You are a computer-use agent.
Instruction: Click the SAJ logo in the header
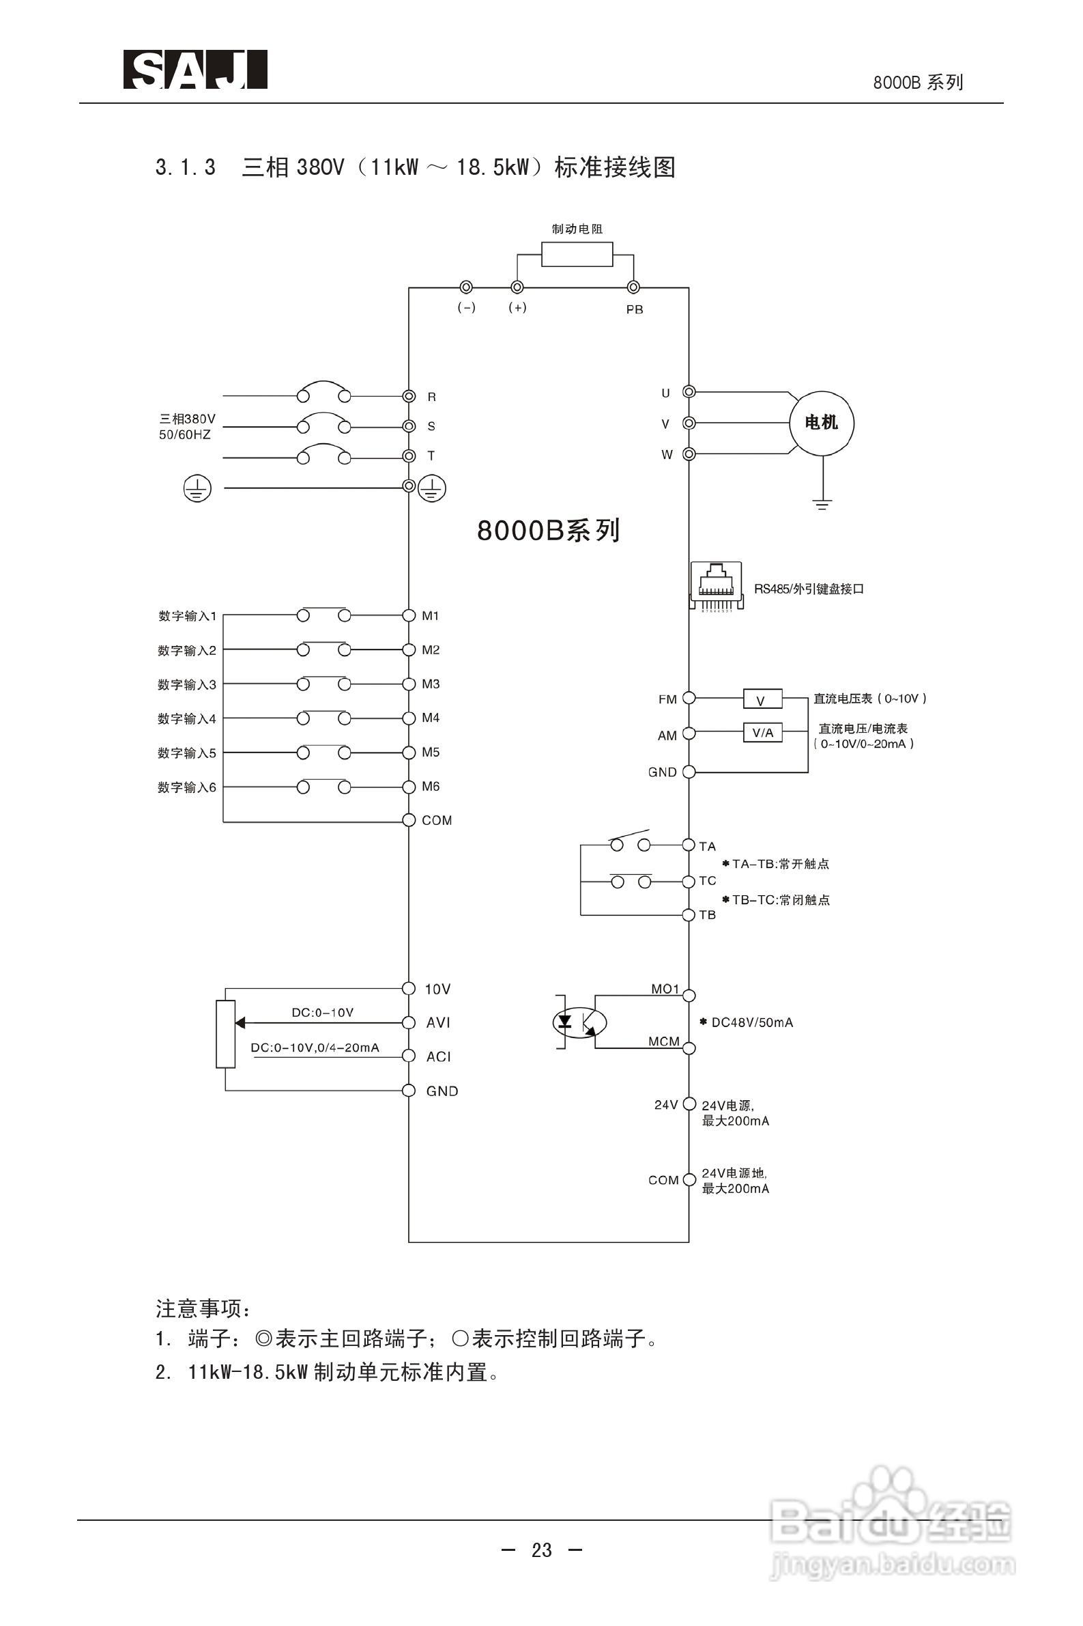pyautogui.click(x=195, y=70)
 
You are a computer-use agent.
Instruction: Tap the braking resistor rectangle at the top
pyautogui.click(x=577, y=254)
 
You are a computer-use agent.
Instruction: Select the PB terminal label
pyautogui.click(x=635, y=310)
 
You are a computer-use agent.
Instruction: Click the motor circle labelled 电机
pyautogui.click(x=821, y=423)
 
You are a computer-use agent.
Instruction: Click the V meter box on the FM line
pyautogui.click(x=762, y=699)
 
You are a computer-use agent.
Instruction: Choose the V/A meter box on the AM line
pyautogui.click(x=762, y=733)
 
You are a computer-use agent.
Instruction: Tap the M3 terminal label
pyautogui.click(x=431, y=684)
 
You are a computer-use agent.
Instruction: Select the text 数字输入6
pyautogui.click(x=187, y=788)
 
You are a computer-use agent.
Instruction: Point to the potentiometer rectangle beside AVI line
pyautogui.click(x=226, y=1033)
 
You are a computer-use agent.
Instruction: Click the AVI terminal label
pyautogui.click(x=439, y=1023)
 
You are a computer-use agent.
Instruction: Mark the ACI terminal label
pyautogui.click(x=439, y=1056)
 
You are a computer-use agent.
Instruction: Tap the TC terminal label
pyautogui.click(x=708, y=881)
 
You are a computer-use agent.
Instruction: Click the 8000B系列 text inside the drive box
pyautogui.click(x=549, y=531)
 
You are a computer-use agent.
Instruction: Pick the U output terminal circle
pyautogui.click(x=689, y=392)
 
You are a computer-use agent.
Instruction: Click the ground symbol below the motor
pyautogui.click(x=822, y=504)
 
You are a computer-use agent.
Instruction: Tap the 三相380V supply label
pyautogui.click(x=187, y=419)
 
